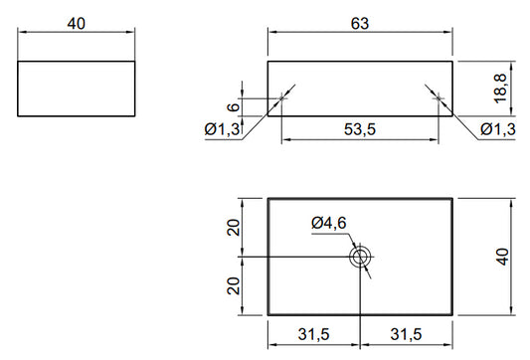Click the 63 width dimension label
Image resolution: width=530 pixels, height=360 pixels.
pos(360,24)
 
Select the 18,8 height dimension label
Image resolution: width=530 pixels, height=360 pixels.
pos(500,89)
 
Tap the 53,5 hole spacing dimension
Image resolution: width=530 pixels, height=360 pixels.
pos(360,129)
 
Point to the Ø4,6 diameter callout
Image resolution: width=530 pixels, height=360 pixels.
pos(329,223)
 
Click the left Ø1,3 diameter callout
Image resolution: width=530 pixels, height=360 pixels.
pos(223,129)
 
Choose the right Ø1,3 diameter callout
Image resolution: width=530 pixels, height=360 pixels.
pos(498,129)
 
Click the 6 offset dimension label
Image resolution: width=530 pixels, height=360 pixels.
pos(234,107)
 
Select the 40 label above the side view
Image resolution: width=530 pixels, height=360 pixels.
pos(76,24)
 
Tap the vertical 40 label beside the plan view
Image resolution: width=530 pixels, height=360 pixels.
pos(502,257)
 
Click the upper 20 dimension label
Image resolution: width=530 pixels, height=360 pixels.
pos(234,228)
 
